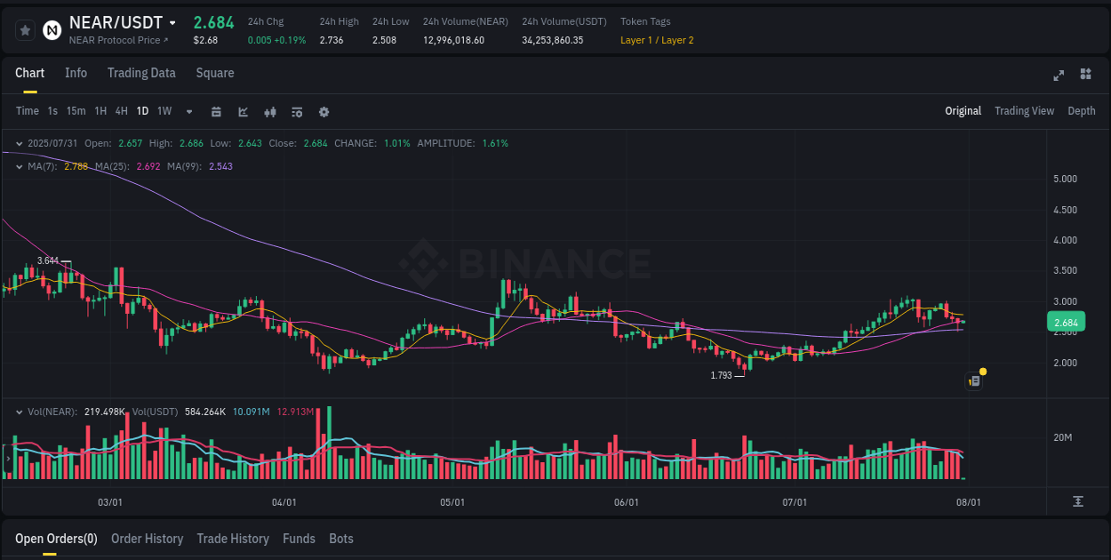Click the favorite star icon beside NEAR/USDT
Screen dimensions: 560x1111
click(26, 30)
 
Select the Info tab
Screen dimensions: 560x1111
click(76, 73)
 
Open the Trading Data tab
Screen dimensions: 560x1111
click(141, 73)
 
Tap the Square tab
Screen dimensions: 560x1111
click(215, 73)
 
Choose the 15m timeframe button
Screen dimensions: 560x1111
click(76, 111)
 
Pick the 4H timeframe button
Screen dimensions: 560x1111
click(122, 111)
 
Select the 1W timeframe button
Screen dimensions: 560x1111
click(164, 111)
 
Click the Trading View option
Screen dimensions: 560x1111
click(1024, 111)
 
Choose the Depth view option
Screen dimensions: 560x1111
click(1082, 111)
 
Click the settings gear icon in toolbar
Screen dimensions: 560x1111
click(324, 112)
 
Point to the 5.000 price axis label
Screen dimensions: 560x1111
click(1065, 179)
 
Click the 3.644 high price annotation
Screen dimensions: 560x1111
click(48, 260)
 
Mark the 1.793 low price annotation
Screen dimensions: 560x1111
click(721, 375)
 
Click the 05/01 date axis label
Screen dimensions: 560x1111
click(452, 502)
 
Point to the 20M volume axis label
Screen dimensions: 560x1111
click(1062, 437)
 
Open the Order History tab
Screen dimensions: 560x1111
click(147, 539)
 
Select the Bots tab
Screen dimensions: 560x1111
click(341, 539)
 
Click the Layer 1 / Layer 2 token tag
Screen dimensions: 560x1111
click(657, 40)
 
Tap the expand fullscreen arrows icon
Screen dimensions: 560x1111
click(1059, 75)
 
